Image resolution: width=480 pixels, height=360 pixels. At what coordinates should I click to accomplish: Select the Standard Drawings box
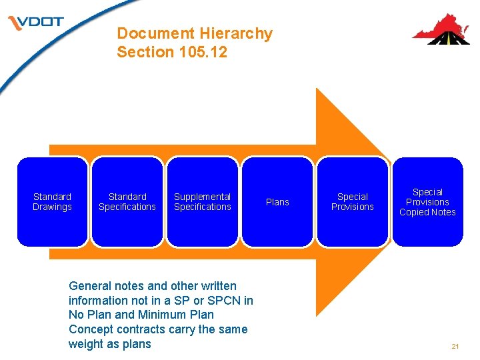(52, 201)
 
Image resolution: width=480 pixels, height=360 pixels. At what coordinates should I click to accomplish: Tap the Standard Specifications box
(127, 201)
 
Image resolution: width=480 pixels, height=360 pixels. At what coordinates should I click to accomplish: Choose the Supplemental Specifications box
(203, 201)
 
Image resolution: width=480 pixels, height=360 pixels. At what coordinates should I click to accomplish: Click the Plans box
(277, 201)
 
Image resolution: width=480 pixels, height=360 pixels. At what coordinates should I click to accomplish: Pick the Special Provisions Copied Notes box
(427, 201)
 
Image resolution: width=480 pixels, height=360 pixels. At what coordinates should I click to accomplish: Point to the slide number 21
(455, 346)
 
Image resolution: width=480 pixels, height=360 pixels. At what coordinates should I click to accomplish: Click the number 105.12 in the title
(203, 52)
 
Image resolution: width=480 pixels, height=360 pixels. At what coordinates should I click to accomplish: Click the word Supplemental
(203, 197)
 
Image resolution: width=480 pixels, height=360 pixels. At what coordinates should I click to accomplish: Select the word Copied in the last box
(413, 212)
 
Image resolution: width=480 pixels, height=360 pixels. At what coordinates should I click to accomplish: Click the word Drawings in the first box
(52, 207)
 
